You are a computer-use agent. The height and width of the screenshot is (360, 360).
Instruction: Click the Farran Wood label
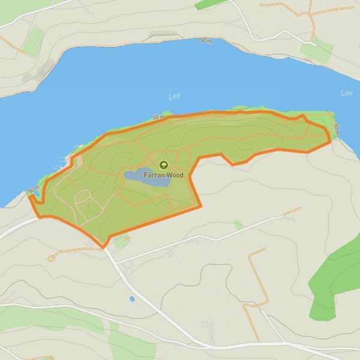(x=163, y=175)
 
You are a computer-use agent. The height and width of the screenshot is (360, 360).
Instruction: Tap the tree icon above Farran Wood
(x=163, y=165)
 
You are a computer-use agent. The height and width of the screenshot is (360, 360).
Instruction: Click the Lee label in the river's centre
(x=175, y=96)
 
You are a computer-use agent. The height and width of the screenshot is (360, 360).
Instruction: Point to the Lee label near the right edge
(x=346, y=93)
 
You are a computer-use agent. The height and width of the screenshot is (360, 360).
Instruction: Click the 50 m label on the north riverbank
(x=206, y=40)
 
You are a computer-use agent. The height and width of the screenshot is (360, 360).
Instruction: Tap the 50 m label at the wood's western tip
(x=34, y=191)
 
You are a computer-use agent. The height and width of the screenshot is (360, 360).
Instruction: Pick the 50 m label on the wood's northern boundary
(x=158, y=117)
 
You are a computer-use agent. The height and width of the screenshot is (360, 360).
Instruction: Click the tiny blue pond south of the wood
(x=132, y=298)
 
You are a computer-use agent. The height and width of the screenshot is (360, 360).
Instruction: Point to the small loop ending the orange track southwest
(x=52, y=258)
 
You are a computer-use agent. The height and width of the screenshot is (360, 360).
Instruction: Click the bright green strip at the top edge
(x=211, y=4)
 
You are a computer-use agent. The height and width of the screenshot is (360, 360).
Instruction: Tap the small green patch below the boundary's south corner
(x=121, y=242)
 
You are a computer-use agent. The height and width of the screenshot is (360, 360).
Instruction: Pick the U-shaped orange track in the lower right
(x=255, y=282)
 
